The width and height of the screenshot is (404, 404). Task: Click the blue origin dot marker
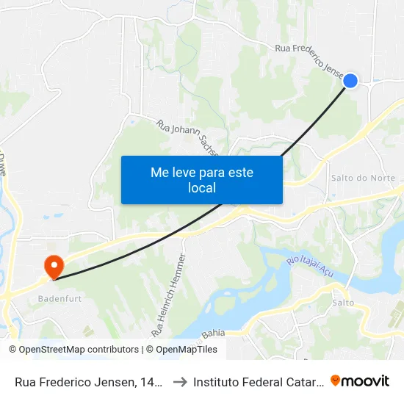click(351, 81)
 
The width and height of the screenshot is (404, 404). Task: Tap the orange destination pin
click(54, 264)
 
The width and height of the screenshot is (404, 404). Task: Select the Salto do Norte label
click(364, 178)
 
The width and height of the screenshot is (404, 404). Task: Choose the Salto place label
click(343, 303)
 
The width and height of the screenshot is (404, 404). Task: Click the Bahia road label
click(213, 333)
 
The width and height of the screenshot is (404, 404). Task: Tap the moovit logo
click(360, 380)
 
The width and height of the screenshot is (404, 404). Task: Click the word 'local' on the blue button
click(201, 187)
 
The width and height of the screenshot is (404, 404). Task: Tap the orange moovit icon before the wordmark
click(336, 380)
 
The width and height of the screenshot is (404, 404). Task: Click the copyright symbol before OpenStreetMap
click(12, 350)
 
